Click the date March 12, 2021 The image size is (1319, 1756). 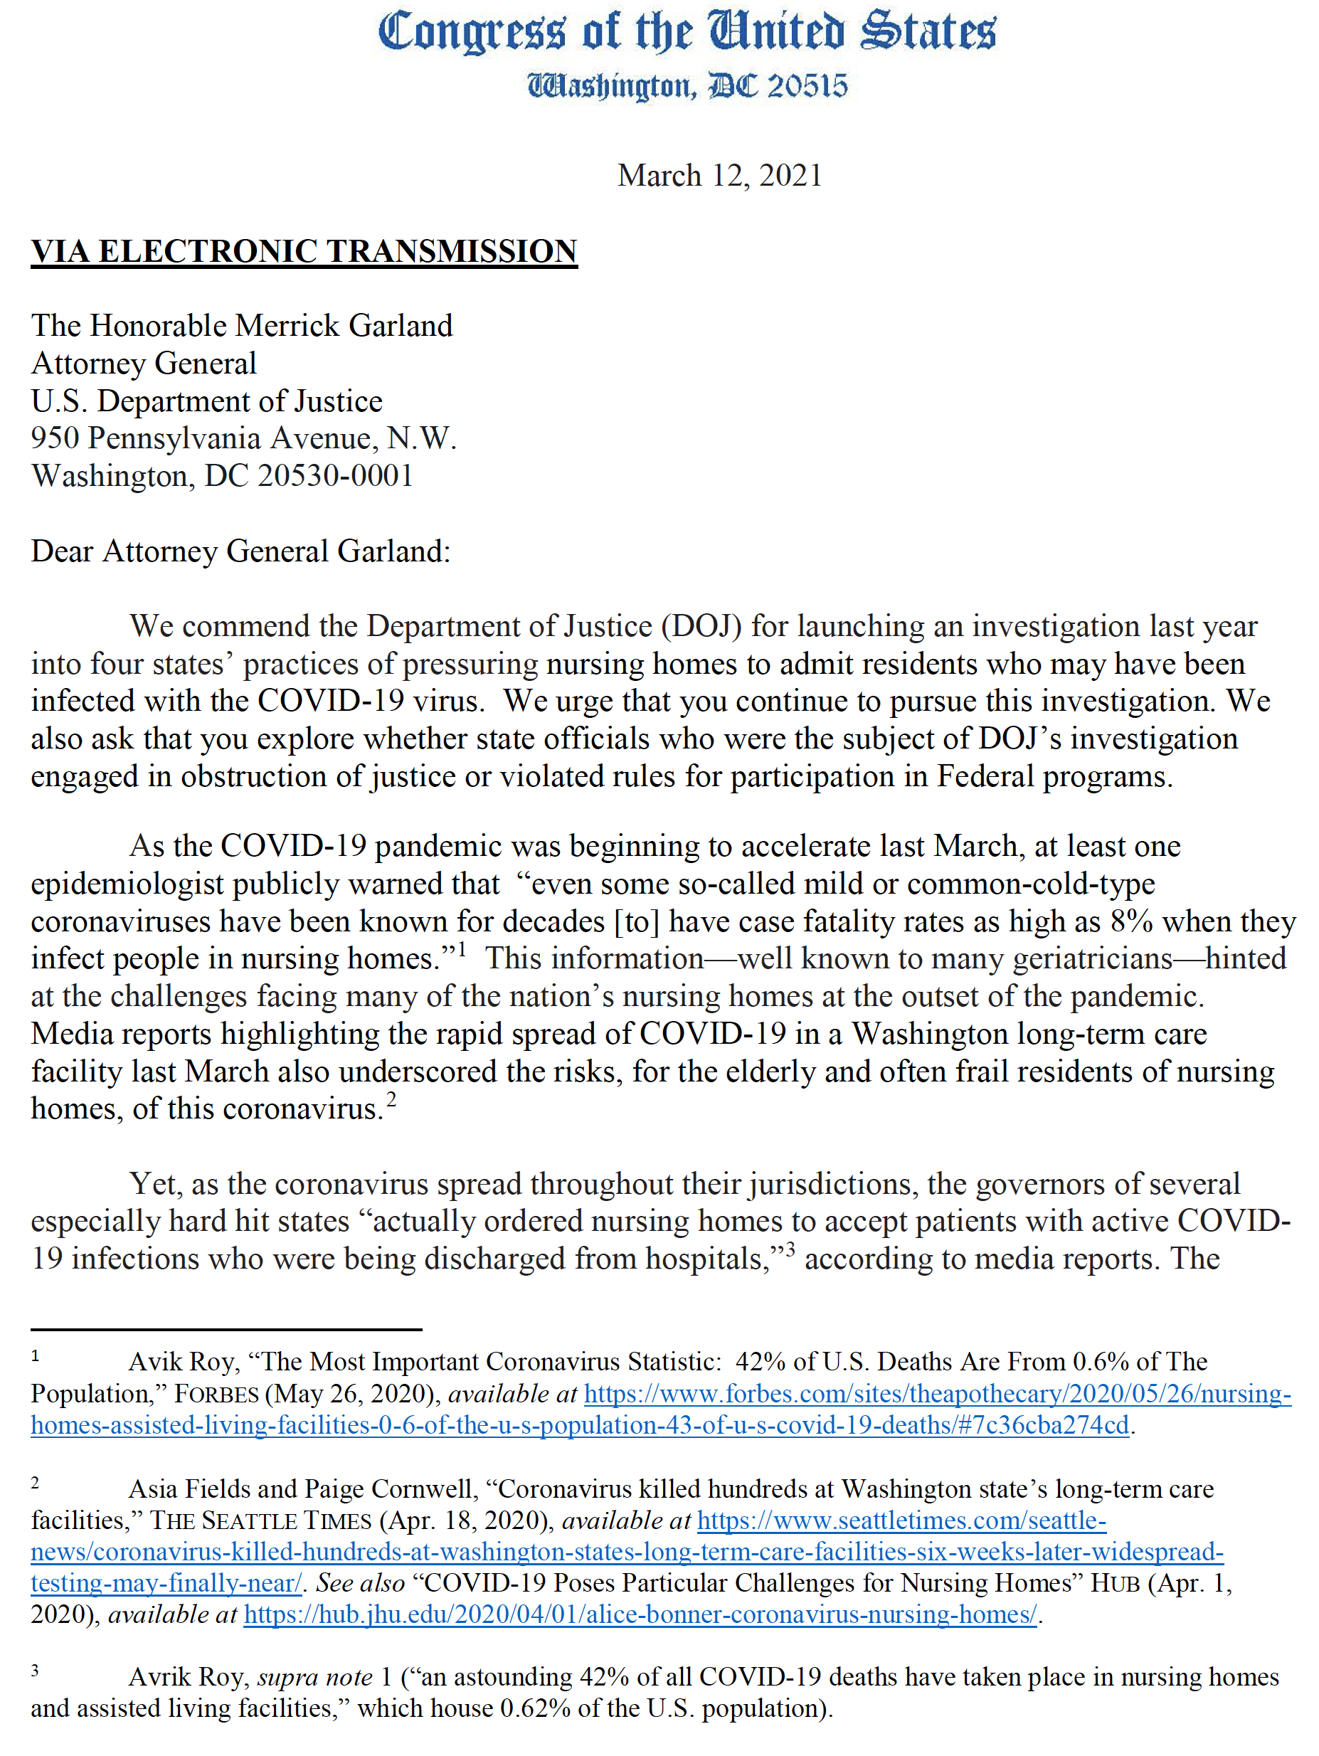tap(719, 176)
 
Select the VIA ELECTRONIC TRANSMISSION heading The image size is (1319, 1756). tap(304, 252)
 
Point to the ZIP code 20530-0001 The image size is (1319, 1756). tap(335, 475)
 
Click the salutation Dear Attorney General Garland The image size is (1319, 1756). tap(240, 551)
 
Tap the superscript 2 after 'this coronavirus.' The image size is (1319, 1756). tap(391, 1099)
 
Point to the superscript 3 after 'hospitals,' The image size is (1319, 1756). tap(790, 1250)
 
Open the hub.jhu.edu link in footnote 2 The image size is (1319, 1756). tap(640, 1614)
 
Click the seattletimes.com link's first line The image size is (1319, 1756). tap(901, 1520)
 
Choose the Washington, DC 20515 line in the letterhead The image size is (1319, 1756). tap(687, 85)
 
